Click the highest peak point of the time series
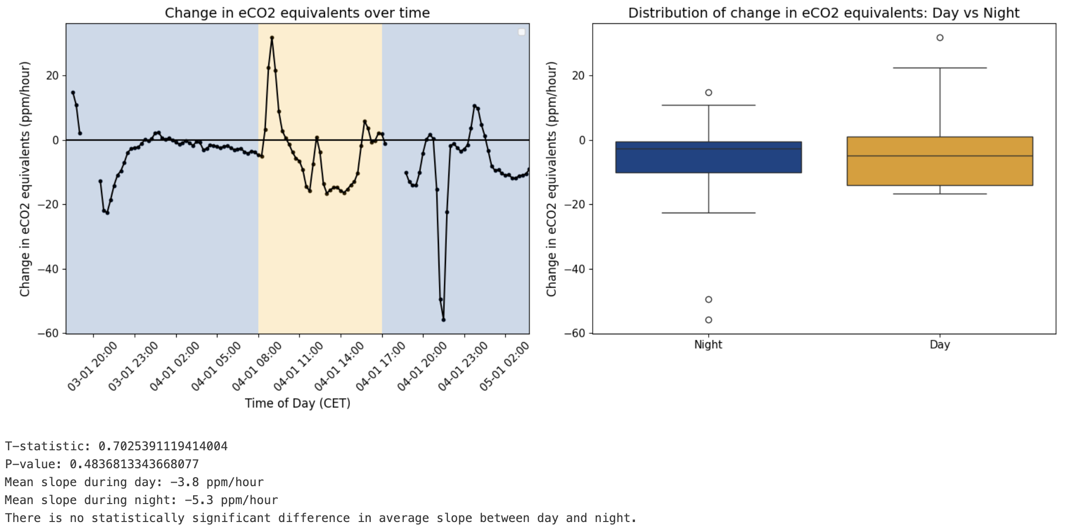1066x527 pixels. (x=272, y=38)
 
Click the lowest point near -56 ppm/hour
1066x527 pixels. (x=443, y=320)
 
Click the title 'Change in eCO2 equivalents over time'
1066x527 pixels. (x=297, y=13)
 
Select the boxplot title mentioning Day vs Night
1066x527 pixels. (x=824, y=13)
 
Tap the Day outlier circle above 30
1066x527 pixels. (x=940, y=38)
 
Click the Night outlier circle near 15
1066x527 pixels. (x=708, y=93)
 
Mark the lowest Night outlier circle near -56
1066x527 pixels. (x=708, y=320)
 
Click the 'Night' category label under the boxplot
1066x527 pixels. (x=708, y=345)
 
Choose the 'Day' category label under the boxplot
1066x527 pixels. (x=940, y=345)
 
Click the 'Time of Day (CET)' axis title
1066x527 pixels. (x=297, y=403)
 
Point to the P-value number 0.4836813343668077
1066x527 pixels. (x=134, y=464)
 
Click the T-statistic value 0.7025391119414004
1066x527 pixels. (x=163, y=446)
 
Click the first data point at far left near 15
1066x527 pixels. (x=73, y=93)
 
